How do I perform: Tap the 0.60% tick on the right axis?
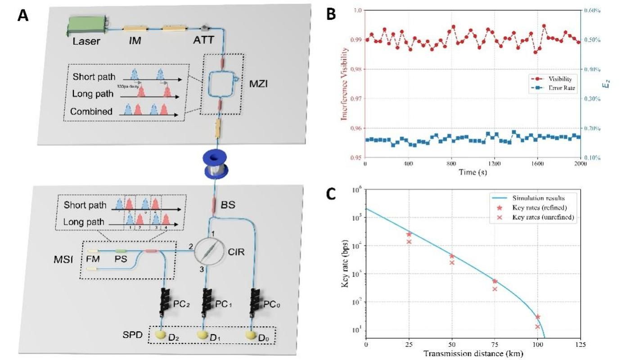(595, 10)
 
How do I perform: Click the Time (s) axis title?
(473, 172)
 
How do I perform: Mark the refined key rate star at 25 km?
(409, 234)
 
